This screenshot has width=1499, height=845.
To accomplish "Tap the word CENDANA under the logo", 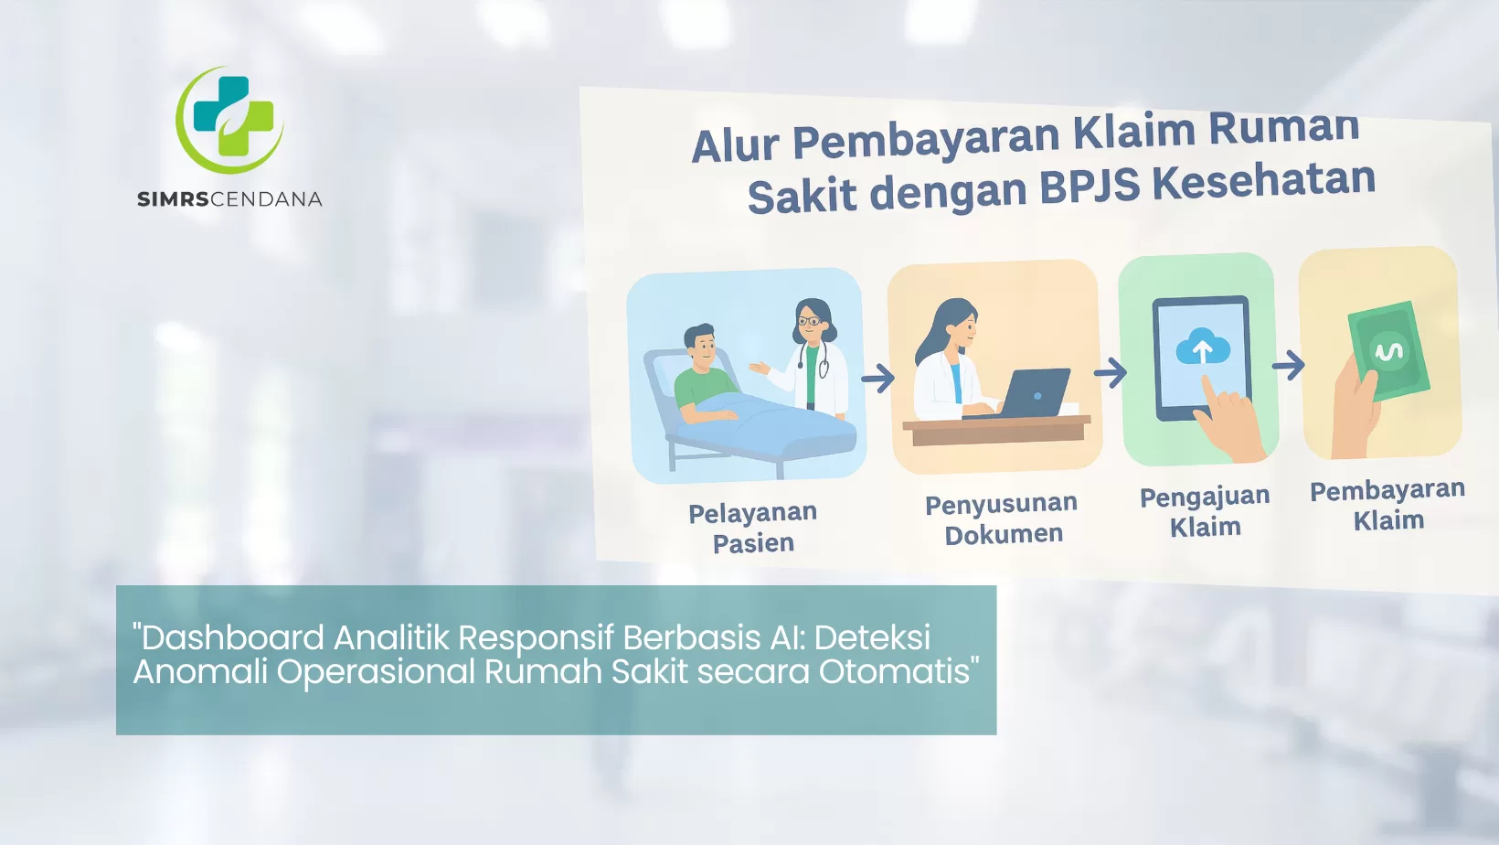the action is pyautogui.click(x=266, y=198).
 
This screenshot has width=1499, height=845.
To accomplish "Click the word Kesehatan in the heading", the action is pyautogui.click(x=1263, y=179).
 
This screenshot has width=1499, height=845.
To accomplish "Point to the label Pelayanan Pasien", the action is pyautogui.click(x=753, y=528).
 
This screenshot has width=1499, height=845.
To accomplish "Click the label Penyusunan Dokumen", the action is pyautogui.click(x=1002, y=519).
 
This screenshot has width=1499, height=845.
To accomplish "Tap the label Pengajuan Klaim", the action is pyautogui.click(x=1205, y=511).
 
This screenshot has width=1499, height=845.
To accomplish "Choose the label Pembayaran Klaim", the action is pyautogui.click(x=1387, y=505).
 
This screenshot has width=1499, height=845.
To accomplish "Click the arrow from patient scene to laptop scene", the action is pyautogui.click(x=878, y=378).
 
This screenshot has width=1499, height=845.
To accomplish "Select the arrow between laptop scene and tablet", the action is pyautogui.click(x=1111, y=372).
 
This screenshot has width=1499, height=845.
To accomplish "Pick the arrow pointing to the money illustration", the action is pyautogui.click(x=1288, y=366).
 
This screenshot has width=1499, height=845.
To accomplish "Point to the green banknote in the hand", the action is pyautogui.click(x=1388, y=351).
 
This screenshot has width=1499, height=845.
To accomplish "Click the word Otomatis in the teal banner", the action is pyautogui.click(x=898, y=671).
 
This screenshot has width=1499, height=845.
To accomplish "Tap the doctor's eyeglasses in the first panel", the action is pyautogui.click(x=811, y=321).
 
